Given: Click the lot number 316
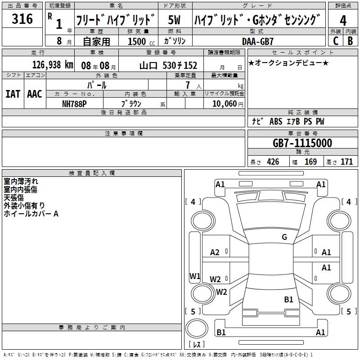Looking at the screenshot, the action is click(22, 19).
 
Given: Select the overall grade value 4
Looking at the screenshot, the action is click(343, 20).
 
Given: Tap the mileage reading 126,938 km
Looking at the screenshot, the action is click(53, 65).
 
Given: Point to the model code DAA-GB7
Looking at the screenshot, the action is click(258, 41).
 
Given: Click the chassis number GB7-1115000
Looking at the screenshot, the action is click(302, 143).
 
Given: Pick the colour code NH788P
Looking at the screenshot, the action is click(74, 104).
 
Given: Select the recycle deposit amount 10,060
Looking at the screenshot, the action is click(224, 104).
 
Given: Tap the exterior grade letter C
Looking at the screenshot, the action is click(336, 41).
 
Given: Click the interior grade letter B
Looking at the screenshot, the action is click(350, 41).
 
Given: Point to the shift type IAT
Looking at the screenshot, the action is click(13, 94).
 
